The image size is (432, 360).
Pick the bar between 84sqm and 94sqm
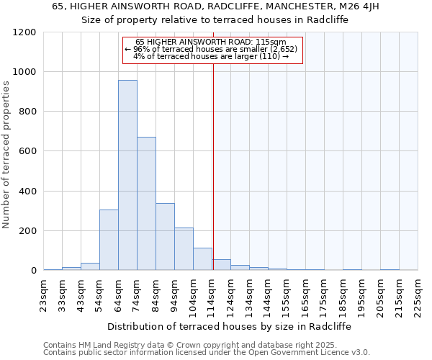tap(165, 237)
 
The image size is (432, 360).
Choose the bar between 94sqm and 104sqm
tap(184, 249)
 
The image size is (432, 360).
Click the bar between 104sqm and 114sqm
tap(202, 259)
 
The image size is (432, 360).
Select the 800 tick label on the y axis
tap(27, 112)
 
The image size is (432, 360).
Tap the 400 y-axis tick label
tap(27, 192)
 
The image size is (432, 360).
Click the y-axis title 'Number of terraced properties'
tap(7, 155)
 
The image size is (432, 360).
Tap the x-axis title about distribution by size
tap(230, 326)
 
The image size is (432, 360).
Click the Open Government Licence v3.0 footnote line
tap(207, 352)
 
